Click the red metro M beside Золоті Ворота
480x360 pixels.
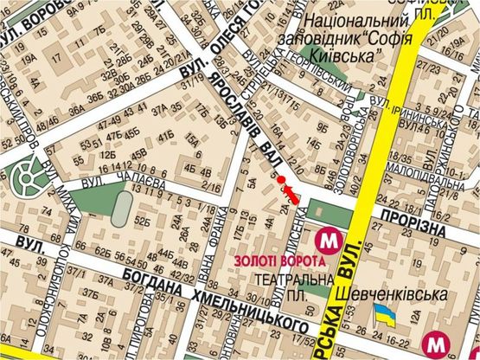coord(328,239)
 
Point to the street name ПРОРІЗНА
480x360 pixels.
coord(412,224)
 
